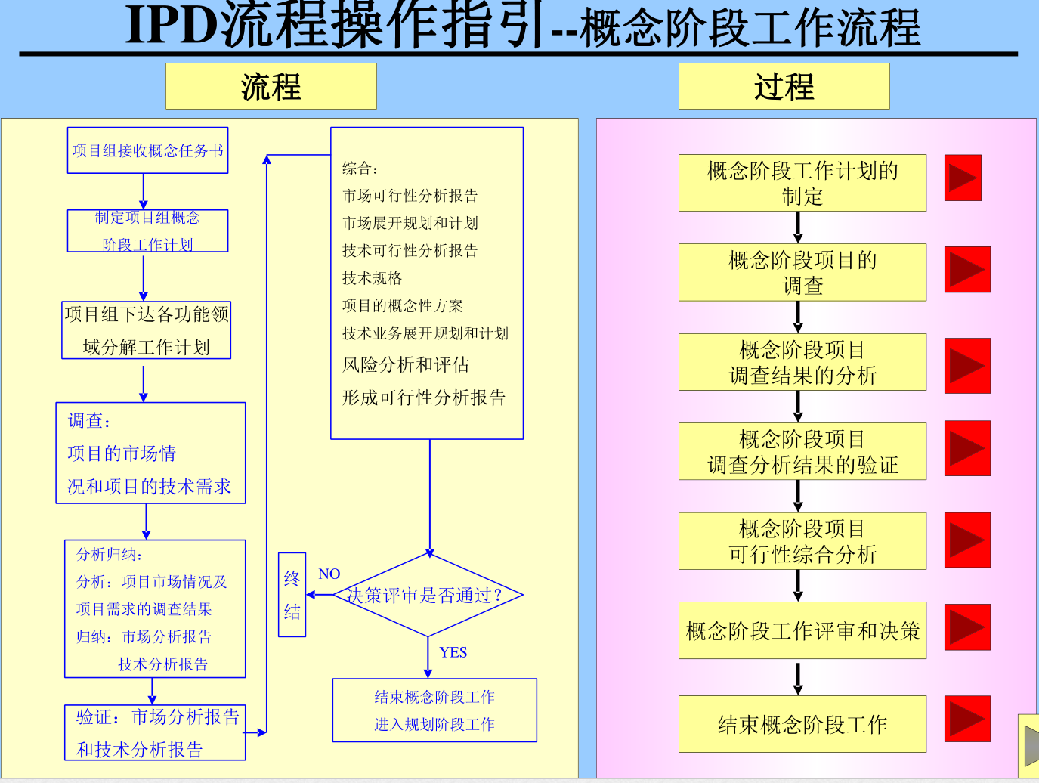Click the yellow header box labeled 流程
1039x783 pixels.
(x=271, y=86)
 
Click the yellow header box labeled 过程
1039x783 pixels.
(x=784, y=86)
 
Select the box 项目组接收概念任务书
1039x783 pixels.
(x=147, y=150)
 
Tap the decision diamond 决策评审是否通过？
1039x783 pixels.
(x=428, y=596)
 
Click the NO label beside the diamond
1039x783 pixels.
(x=329, y=574)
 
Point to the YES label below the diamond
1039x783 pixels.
(x=453, y=652)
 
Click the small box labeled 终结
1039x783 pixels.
(x=292, y=595)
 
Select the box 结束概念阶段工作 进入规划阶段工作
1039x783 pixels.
(x=434, y=710)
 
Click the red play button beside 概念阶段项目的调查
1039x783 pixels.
(x=966, y=270)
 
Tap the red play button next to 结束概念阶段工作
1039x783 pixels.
(x=966, y=718)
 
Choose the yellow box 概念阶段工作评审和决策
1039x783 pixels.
(x=802, y=630)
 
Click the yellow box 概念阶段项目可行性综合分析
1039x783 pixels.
(x=802, y=541)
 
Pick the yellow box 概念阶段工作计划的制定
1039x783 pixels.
(x=802, y=183)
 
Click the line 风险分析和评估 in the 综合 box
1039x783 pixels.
(x=406, y=365)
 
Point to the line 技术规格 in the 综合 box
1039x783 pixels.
(x=372, y=278)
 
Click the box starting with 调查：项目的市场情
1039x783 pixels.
(x=150, y=453)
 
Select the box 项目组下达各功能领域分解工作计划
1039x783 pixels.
(x=146, y=330)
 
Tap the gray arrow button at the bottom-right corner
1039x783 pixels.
(x=1031, y=745)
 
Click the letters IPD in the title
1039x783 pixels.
(x=172, y=26)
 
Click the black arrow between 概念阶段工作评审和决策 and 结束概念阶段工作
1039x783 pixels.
(x=798, y=678)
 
